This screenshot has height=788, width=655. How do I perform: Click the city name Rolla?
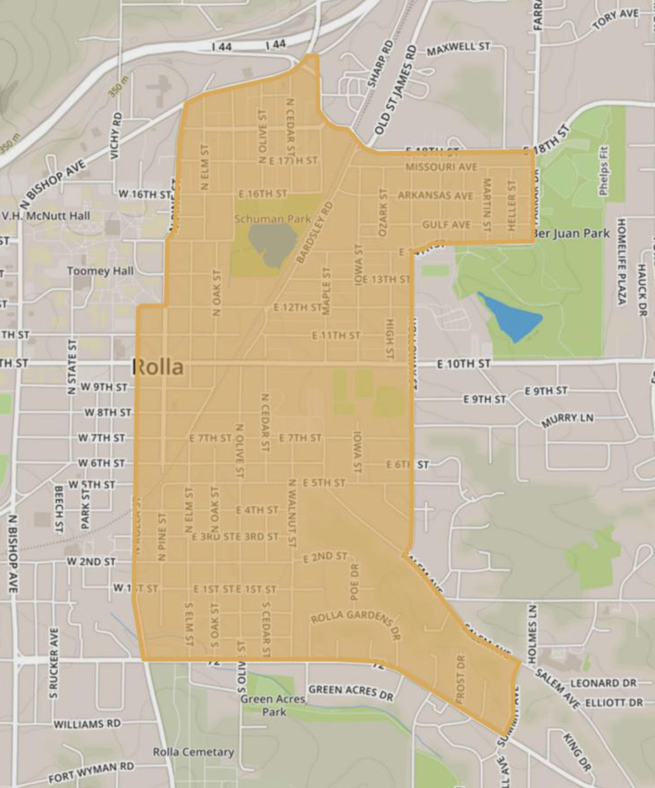(158, 367)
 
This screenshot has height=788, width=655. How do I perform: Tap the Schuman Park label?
(273, 219)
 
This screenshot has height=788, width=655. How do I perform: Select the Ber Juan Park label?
(572, 233)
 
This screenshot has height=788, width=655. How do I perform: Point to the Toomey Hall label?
(100, 271)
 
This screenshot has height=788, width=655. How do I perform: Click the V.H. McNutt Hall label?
(46, 216)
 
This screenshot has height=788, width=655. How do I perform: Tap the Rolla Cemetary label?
(193, 752)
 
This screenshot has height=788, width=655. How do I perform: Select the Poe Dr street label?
(354, 582)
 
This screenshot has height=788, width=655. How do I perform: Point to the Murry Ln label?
(567, 420)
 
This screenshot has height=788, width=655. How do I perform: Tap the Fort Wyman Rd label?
(91, 773)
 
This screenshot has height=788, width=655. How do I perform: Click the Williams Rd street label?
(87, 724)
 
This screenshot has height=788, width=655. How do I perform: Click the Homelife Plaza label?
(621, 261)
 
